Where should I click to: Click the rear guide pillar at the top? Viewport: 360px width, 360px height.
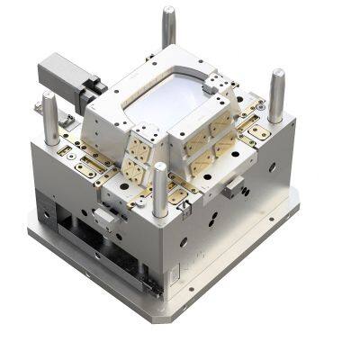(x=168, y=27)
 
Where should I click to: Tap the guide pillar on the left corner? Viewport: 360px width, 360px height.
(x=50, y=112)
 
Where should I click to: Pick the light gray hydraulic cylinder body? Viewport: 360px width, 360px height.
(x=58, y=69)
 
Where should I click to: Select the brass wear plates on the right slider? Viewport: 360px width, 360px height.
(x=202, y=144)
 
